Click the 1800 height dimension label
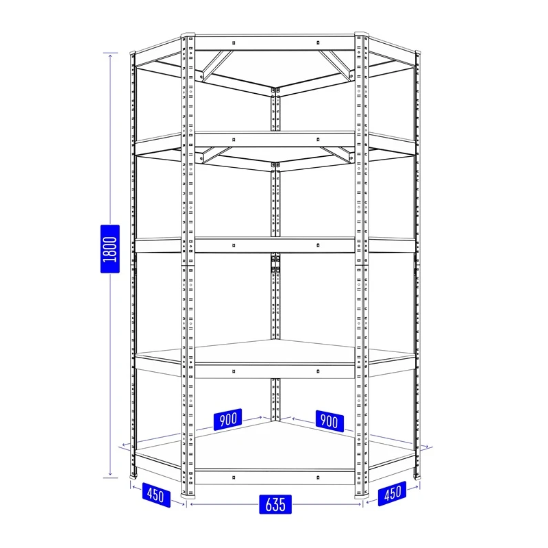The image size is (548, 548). click(110, 249)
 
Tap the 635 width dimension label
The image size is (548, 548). click(275, 504)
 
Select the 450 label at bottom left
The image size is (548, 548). click(156, 495)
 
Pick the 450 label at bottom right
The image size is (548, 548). click(392, 493)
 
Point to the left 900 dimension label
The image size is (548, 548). click(227, 419)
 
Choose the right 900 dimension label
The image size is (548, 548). click(329, 421)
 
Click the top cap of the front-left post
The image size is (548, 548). click(188, 35)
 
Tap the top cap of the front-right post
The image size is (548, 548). click(362, 34)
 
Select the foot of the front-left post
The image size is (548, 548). click(188, 495)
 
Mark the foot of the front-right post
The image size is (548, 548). click(362, 495)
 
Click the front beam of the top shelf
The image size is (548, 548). click(275, 43)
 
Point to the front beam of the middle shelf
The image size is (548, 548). click(275, 245)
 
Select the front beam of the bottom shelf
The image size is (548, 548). click(275, 477)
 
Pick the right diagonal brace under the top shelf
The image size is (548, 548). click(335, 66)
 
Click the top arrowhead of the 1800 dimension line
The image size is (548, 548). click(110, 55)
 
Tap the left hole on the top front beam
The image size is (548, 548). click(234, 43)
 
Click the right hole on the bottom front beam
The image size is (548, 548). click(318, 477)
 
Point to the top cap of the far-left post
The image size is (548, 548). click(132, 53)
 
